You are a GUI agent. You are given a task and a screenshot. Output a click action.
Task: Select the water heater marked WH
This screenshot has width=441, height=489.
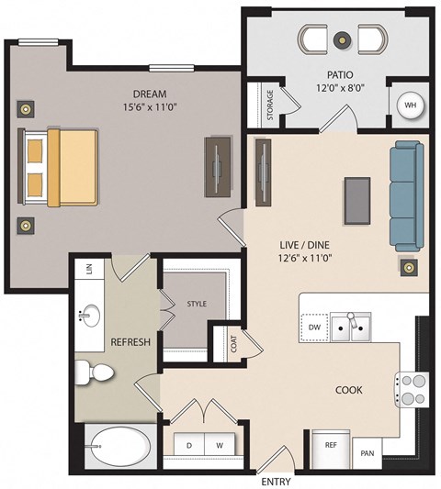coord(409,106)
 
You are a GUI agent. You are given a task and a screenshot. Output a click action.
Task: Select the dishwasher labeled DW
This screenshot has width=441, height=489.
coord(314,325)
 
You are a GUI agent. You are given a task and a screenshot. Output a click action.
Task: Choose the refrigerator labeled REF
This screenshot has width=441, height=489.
coord(331,445)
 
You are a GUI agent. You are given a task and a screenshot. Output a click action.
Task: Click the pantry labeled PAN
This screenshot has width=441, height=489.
coord(367,452)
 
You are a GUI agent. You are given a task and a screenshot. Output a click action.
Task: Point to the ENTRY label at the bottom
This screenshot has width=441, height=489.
coord(277,481)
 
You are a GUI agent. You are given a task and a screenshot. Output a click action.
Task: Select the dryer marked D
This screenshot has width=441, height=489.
coord(189,444)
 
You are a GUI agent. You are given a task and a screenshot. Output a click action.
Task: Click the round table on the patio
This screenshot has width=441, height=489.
coord(342,39)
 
